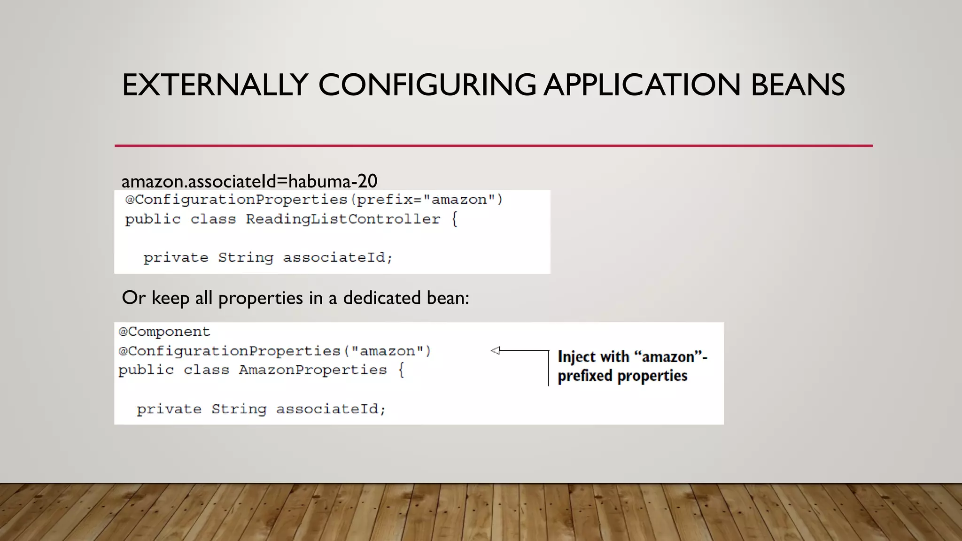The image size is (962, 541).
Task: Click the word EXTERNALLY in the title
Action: pos(215,85)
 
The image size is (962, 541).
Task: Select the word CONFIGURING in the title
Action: pos(427,85)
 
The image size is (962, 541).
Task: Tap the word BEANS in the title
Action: pos(798,85)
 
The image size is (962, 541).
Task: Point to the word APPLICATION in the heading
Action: pos(642,85)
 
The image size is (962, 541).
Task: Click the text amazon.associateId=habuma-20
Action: pos(249,181)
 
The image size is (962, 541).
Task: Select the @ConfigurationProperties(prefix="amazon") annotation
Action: pos(314,200)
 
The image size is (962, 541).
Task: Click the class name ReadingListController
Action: pos(343,219)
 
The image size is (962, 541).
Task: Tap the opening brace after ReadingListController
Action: pos(454,219)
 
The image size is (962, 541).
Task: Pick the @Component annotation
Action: pos(164,332)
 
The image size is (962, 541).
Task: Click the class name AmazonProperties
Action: pos(312,370)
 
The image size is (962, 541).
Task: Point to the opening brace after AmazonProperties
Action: pos(401,370)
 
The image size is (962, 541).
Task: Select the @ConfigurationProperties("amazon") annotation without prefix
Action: pos(274,351)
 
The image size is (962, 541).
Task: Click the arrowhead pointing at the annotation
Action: pos(496,350)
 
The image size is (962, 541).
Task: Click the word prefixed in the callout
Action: pos(585,376)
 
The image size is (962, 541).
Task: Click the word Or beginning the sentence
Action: pos(133,298)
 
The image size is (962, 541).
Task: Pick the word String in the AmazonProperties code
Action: pos(239,409)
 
